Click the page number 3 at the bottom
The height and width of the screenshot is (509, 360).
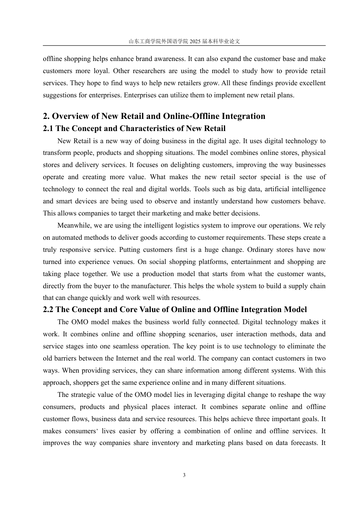pos(184,475)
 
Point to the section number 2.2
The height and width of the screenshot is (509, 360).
pos(48,310)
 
